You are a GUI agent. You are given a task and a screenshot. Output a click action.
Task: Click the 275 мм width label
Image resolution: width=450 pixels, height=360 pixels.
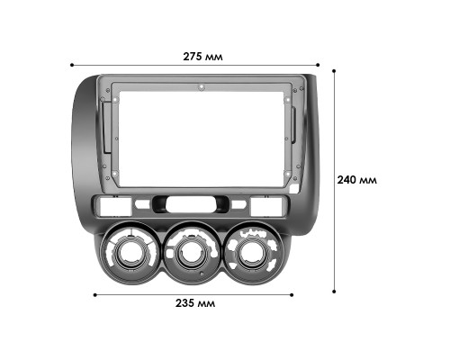pyautogui.click(x=202, y=57)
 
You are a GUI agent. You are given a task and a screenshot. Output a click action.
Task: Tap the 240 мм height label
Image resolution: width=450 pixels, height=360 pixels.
pyautogui.click(x=357, y=179)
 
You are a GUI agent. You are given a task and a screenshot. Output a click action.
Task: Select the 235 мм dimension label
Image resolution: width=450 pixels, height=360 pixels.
pyautogui.click(x=195, y=302)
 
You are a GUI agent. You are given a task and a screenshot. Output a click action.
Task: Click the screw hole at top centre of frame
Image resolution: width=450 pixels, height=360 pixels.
pyautogui.click(x=202, y=88)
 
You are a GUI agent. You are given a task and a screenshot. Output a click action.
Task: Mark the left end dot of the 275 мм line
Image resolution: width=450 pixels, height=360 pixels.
pyautogui.click(x=71, y=65)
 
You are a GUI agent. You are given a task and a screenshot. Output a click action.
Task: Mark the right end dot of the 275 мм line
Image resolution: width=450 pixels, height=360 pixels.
pyautogui.click(x=318, y=65)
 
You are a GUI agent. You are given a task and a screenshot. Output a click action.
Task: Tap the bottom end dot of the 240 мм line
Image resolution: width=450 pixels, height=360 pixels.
pyautogui.click(x=335, y=291)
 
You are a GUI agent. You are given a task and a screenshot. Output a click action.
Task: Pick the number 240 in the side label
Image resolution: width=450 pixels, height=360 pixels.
pyautogui.click(x=347, y=179)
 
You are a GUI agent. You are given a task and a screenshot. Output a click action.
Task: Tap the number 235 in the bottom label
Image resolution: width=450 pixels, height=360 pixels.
pyautogui.click(x=186, y=302)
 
